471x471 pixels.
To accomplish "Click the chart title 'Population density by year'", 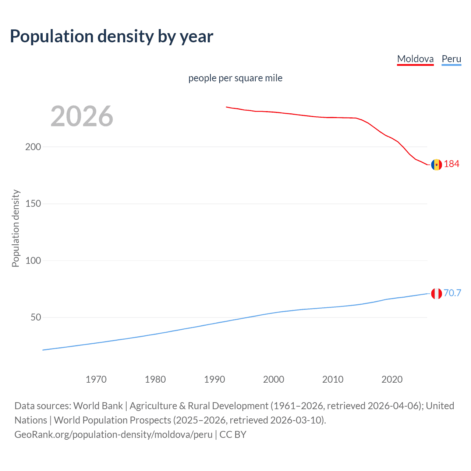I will [111, 36].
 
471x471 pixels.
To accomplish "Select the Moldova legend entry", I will [415, 59].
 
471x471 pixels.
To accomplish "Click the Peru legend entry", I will [451, 59].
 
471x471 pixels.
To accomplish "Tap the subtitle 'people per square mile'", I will [235, 78].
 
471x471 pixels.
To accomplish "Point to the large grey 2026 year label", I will [82, 116].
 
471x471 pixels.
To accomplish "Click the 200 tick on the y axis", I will [33, 147].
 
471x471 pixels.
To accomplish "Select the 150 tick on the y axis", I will [33, 203].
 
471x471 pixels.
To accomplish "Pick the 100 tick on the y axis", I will [33, 261].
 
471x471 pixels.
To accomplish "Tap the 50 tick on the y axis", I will [36, 317].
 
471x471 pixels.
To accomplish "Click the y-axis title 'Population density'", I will [15, 228].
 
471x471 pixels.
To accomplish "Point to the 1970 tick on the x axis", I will [96, 379].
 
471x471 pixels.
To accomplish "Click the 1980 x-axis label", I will [155, 379].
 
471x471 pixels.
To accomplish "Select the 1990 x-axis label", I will [215, 379].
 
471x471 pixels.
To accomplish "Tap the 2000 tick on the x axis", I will [273, 379].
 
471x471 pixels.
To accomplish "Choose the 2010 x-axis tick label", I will [333, 379].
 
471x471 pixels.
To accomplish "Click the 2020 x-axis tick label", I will [392, 379].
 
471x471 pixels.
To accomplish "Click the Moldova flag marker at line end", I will [436, 164].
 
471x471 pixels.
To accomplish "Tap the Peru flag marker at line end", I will [436, 294].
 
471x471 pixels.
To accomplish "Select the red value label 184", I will [451, 164].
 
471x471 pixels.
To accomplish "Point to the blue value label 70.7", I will [452, 293].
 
